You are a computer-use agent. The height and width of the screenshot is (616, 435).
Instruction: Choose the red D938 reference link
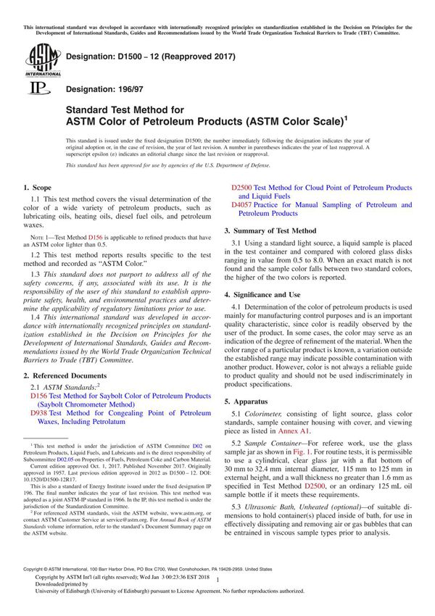pos(38,412)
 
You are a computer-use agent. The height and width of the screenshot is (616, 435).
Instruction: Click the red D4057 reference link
pos(241,205)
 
